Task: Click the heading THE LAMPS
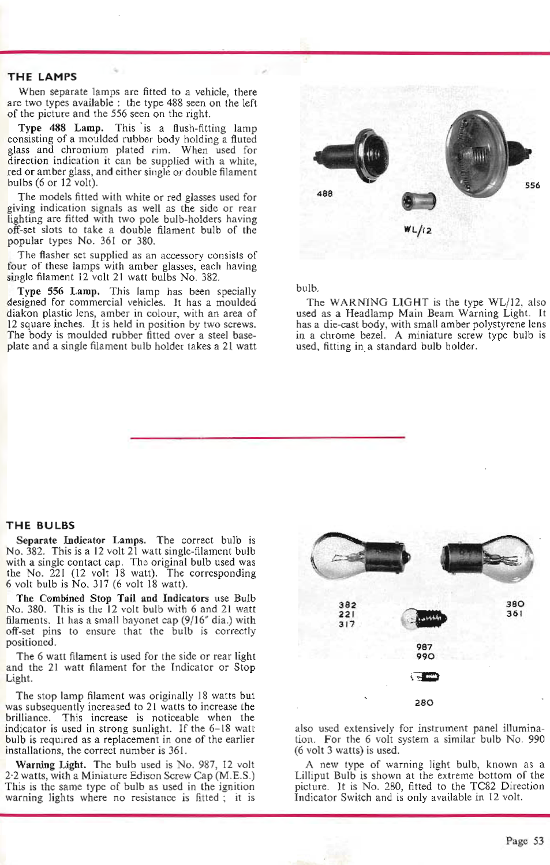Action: (42, 77)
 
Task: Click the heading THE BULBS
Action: (40, 525)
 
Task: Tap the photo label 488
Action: (325, 194)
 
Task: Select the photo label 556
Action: (532, 185)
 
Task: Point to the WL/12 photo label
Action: (418, 230)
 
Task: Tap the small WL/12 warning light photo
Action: (420, 201)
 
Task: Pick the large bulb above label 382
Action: (359, 558)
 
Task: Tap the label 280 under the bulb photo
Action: (424, 702)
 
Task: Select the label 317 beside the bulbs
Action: (347, 624)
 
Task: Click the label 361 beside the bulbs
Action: (515, 614)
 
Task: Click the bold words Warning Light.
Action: (51, 765)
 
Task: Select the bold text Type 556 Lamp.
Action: (58, 291)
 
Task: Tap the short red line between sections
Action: (267, 438)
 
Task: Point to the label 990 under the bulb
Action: (425, 656)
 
